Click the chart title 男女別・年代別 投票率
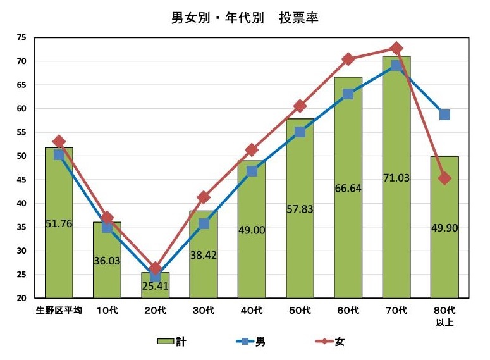pyautogui.click(x=245, y=18)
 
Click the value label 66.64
pyautogui.click(x=348, y=188)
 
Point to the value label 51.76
pyautogui.click(x=59, y=223)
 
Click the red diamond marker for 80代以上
pyautogui.click(x=444, y=178)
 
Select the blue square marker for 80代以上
pyautogui.click(x=444, y=115)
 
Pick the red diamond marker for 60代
pyautogui.click(x=348, y=59)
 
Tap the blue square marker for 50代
pyautogui.click(x=300, y=132)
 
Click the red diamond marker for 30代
pyautogui.click(x=204, y=198)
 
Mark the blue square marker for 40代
pyautogui.click(x=252, y=171)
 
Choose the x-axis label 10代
pyautogui.click(x=107, y=311)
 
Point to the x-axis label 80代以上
pyautogui.click(x=444, y=316)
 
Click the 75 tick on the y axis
pyautogui.click(x=21, y=38)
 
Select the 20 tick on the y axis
pyautogui.click(x=21, y=298)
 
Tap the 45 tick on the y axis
pyautogui.click(x=21, y=180)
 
